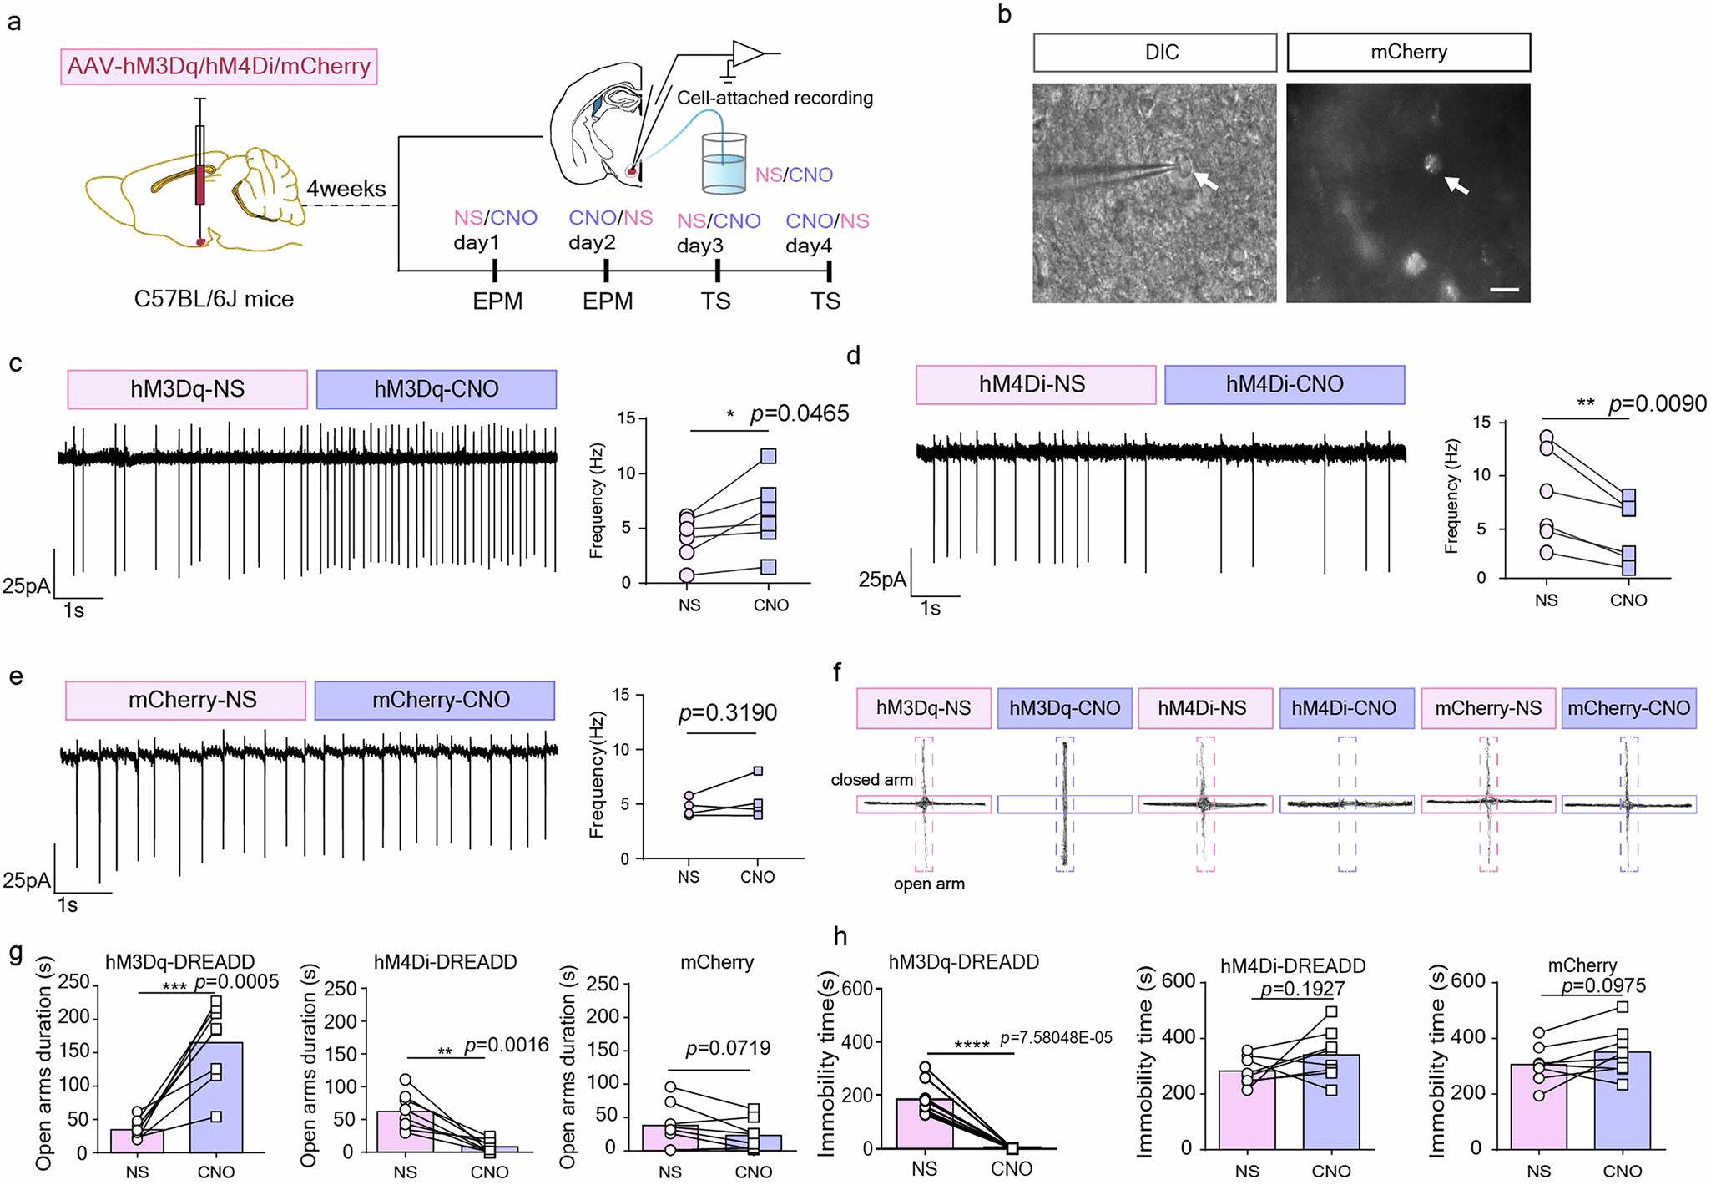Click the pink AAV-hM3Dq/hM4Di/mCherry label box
click(x=219, y=67)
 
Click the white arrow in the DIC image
click(x=1204, y=180)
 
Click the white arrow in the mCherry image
click(x=1457, y=185)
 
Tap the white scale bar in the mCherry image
click(x=1504, y=290)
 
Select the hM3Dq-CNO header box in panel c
click(x=437, y=389)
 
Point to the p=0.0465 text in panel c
click(x=799, y=413)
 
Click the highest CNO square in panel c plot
click(x=768, y=456)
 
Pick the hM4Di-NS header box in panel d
click(x=1035, y=384)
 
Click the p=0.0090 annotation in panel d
click(x=1658, y=404)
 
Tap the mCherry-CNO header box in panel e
click(x=435, y=700)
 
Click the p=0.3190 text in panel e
click(x=727, y=712)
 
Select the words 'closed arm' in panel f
click(x=871, y=780)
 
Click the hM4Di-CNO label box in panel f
click(x=1345, y=708)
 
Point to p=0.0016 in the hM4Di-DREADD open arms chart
click(x=506, y=1046)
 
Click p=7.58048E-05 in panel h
click(x=1056, y=1038)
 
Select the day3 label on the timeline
click(x=699, y=246)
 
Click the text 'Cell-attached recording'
click(x=775, y=98)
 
